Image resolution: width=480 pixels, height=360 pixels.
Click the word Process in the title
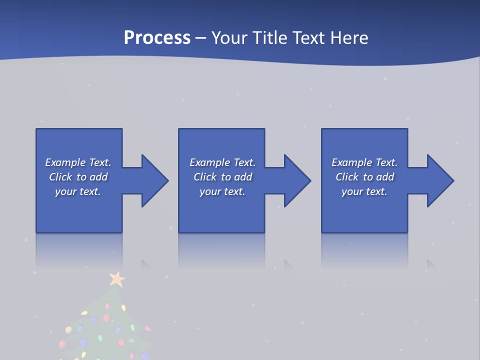pos(157,38)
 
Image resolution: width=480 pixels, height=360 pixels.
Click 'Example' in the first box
pos(65,162)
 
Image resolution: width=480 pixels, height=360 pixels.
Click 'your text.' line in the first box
pos(78,191)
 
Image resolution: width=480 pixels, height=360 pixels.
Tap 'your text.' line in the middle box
pos(222,191)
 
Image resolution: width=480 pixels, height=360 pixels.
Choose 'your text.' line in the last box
pos(364,191)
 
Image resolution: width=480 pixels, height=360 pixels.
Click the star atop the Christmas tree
pos(117,278)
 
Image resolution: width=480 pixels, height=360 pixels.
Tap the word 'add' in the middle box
pos(243,177)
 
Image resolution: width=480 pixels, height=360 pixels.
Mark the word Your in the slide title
pos(228,38)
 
